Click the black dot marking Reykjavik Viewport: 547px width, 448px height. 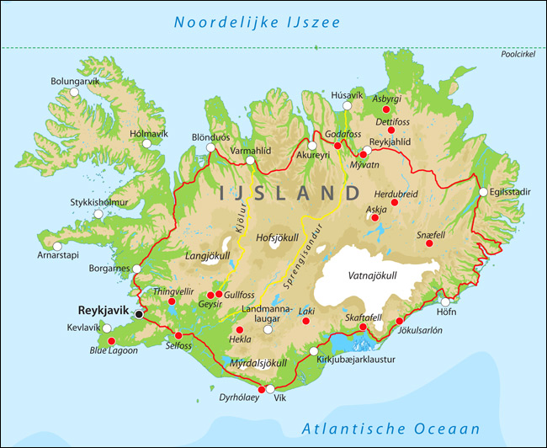pos(139,313)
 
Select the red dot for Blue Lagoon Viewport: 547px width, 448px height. pos(111,340)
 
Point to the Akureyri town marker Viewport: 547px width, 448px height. pos(312,145)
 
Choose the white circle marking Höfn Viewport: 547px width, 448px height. pos(445,301)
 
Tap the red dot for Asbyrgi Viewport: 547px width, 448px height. pos(386,109)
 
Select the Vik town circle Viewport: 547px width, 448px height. pos(270,389)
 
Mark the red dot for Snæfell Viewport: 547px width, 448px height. pos(429,243)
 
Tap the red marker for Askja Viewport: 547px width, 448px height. pos(375,218)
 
